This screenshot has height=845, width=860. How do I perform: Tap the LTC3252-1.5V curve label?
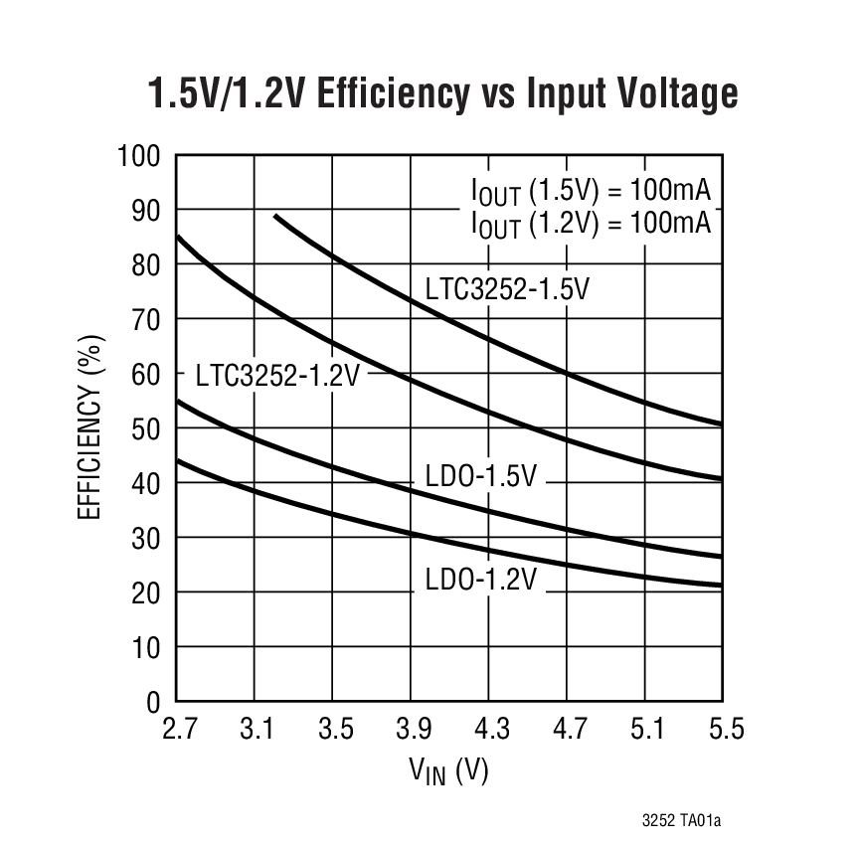coord(508,289)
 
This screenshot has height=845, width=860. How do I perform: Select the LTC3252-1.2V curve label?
coord(277,375)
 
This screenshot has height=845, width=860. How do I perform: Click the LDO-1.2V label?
coord(480,579)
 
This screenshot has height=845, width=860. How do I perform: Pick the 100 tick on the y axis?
coord(139,156)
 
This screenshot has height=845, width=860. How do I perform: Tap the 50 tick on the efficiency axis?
coord(146,428)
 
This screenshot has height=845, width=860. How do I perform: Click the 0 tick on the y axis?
coord(153,702)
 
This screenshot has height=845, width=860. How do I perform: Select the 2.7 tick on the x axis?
coord(178,731)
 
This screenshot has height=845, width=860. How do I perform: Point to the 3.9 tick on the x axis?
coord(413,731)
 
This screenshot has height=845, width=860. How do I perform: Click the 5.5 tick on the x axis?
coord(725,731)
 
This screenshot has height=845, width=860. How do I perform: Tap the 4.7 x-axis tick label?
coord(569,731)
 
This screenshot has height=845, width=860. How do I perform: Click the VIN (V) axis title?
coord(448,771)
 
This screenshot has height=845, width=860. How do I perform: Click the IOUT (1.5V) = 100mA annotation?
coord(591,191)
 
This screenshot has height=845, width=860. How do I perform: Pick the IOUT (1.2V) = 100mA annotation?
coord(591,223)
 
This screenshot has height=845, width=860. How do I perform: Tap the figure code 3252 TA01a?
coord(680,821)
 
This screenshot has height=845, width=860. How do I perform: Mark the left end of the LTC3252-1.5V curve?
coord(275,216)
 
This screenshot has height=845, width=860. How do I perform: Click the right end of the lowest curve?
coord(721,586)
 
